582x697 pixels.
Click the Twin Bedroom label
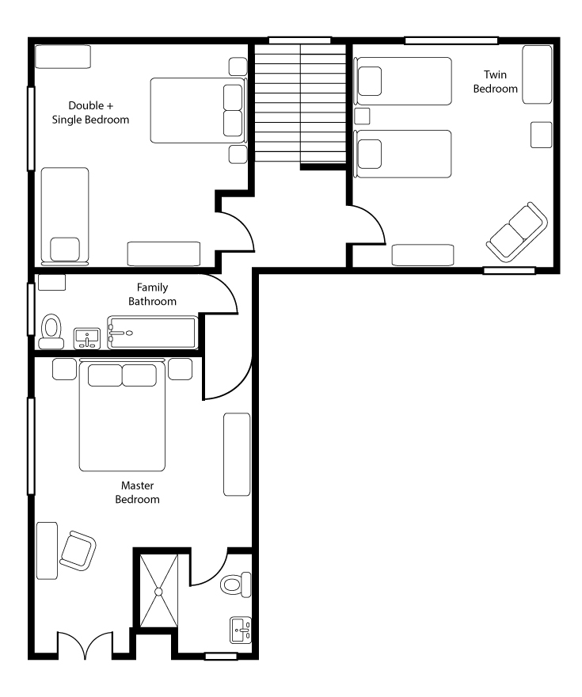click(496, 82)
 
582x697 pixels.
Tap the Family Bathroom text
click(152, 295)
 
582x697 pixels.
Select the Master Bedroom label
click(137, 492)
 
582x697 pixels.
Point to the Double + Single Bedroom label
click(90, 112)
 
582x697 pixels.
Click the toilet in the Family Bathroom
click(51, 332)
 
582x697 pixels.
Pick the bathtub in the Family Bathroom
click(152, 332)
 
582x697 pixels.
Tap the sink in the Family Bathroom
click(86, 339)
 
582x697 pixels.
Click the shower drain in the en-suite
click(158, 591)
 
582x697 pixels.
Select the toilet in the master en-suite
click(235, 584)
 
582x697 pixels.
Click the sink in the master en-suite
click(241, 630)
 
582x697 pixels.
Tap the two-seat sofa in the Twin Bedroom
click(517, 232)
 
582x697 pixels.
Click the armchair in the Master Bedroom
click(78, 550)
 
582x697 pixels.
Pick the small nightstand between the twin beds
click(362, 116)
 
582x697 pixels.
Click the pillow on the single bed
click(65, 249)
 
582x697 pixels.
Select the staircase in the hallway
click(300, 103)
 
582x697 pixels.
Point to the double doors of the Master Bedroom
click(85, 645)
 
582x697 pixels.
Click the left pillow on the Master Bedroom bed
click(105, 375)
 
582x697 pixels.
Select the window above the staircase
click(300, 40)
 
